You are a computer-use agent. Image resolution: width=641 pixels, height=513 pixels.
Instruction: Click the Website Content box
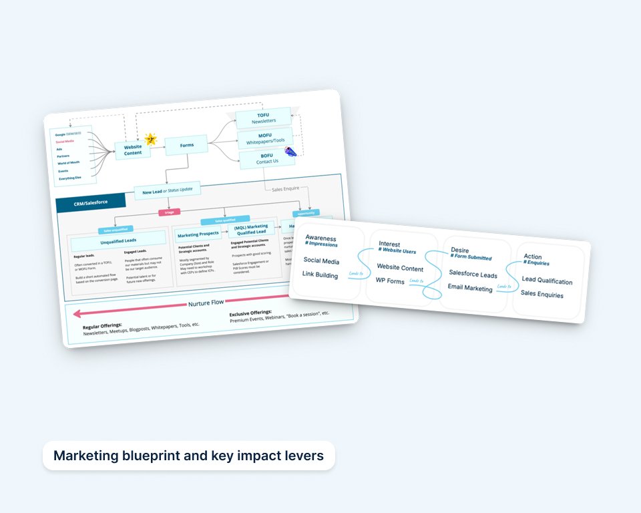(x=133, y=150)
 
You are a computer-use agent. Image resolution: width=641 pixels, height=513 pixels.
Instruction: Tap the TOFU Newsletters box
(x=264, y=118)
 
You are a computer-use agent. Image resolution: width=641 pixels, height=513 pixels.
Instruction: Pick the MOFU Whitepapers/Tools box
(x=264, y=138)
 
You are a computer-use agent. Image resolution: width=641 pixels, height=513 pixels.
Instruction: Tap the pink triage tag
(x=169, y=212)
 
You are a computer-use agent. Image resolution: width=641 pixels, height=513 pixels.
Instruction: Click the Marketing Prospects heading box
(x=199, y=234)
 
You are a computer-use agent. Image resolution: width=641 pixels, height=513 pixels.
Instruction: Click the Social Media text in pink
(x=65, y=142)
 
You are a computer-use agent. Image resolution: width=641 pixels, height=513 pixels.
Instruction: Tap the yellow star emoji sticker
(x=151, y=139)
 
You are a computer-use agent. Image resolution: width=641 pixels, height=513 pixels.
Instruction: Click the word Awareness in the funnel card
(x=321, y=238)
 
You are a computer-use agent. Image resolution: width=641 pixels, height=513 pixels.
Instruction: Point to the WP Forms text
(x=391, y=281)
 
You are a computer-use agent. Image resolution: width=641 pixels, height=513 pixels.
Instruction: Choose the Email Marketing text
(x=470, y=289)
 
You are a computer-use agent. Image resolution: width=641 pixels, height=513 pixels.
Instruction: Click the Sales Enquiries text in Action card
(x=542, y=294)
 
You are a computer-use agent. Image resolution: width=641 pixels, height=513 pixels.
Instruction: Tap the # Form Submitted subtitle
(x=471, y=258)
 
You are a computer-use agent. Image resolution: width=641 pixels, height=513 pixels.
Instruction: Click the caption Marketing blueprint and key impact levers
(x=188, y=456)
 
